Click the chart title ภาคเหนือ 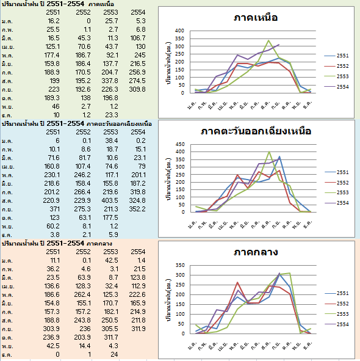click(x=256, y=18)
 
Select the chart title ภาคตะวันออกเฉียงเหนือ click(x=256, y=131)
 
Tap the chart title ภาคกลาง click(x=256, y=252)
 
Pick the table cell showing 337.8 click(x=110, y=81)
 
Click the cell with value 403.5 click(x=110, y=200)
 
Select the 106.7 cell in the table click(x=138, y=38)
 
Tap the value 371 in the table click(x=54, y=209)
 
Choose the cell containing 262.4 click(x=82, y=294)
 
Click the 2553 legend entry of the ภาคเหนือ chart click(x=337, y=76)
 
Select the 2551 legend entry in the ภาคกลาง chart click(x=337, y=293)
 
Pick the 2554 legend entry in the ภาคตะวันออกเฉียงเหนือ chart click(x=337, y=203)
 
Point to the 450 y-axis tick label click(x=180, y=144)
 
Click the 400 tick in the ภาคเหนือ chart click(x=179, y=31)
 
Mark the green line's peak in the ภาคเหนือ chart click(x=268, y=40)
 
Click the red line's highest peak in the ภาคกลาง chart click(x=237, y=282)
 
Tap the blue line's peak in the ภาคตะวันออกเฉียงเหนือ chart click(x=279, y=156)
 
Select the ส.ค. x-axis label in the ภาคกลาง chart click(x=265, y=345)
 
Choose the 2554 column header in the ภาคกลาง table click(x=138, y=252)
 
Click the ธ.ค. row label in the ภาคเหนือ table click(x=7, y=115)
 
